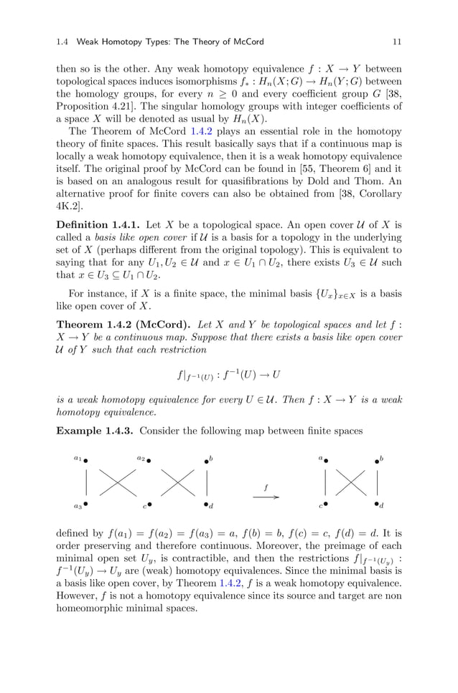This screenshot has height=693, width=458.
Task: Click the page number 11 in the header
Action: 396,42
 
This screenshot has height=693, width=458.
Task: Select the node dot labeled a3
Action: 86,504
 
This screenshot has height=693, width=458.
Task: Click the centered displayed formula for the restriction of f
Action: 228,375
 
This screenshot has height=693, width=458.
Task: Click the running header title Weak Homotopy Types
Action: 123,42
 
